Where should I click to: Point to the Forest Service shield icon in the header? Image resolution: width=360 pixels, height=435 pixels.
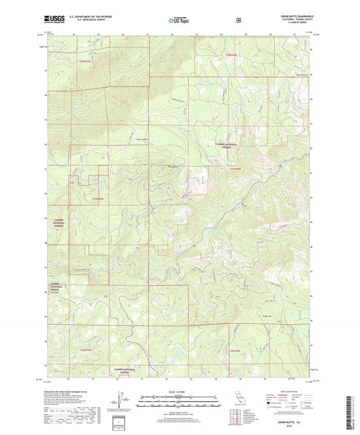tap(237, 21)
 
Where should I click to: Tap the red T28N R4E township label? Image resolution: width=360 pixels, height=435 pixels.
tap(232, 54)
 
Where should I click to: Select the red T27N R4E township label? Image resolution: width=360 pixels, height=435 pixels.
tap(234, 169)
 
